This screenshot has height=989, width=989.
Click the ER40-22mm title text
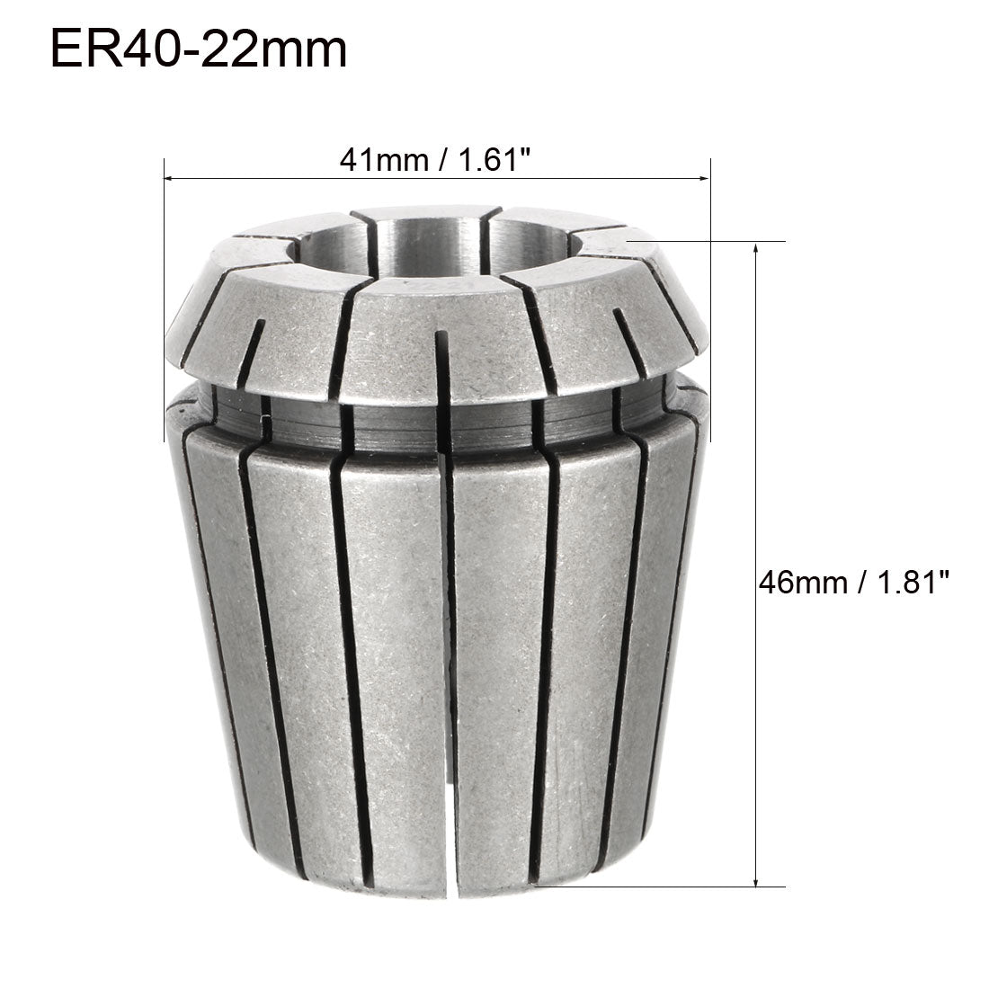tap(198, 49)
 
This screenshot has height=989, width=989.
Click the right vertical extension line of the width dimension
tap(711, 270)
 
